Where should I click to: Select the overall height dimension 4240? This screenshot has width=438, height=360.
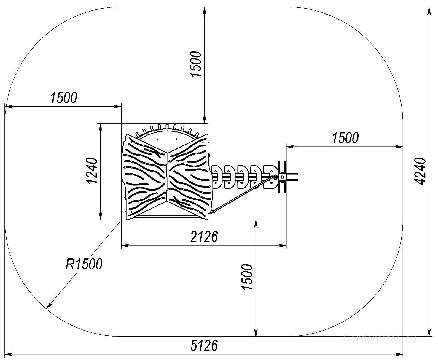[x=420, y=171]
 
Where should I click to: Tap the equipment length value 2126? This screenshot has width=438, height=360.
[x=204, y=237]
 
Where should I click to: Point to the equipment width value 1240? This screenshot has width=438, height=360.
[x=92, y=171]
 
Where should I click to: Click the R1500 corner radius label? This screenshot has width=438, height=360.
[x=84, y=264]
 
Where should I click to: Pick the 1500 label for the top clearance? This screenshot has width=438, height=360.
[x=196, y=64]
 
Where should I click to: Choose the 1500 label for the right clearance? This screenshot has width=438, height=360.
[x=345, y=138]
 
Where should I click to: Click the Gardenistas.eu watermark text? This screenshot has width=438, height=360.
[x=380, y=338]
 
